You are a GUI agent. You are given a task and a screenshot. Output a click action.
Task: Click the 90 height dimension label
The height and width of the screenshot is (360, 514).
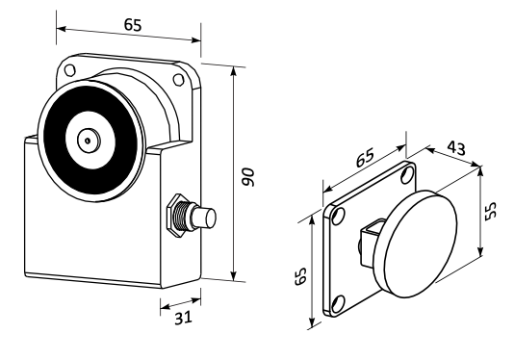248,177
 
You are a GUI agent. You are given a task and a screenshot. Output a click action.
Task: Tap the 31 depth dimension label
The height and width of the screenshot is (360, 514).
183,318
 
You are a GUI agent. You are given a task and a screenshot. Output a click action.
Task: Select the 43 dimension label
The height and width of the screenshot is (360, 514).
456,148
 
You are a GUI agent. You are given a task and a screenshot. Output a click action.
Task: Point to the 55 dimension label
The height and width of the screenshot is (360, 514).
491,211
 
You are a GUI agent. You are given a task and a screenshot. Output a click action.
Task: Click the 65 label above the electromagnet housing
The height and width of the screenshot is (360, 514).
133,25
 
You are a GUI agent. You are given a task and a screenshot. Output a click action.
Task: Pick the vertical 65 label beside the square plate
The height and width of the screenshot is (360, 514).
300,276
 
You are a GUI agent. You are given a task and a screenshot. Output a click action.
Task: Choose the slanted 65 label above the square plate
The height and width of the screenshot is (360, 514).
365,157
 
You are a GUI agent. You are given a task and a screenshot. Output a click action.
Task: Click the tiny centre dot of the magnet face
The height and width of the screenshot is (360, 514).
88,141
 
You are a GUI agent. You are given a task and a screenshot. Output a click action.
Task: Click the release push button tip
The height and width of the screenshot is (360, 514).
210,217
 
